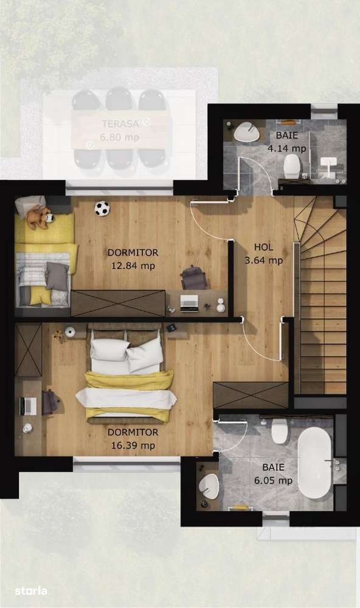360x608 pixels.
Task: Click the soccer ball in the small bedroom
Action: click(x=102, y=209)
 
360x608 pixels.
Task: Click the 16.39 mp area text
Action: click(x=133, y=446)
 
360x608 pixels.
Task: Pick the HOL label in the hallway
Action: click(x=263, y=248)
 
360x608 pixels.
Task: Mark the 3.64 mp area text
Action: click(x=263, y=260)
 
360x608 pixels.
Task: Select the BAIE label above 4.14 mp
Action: click(x=287, y=136)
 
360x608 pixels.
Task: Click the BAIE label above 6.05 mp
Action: click(x=273, y=467)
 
